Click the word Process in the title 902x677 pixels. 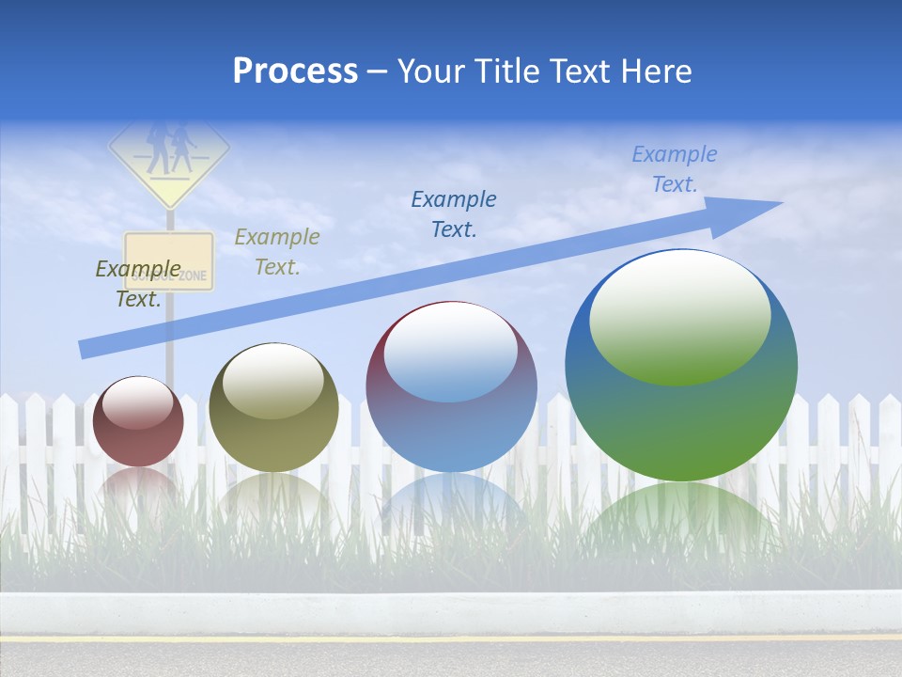295,71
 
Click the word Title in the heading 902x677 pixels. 507,71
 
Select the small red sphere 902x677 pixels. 138,421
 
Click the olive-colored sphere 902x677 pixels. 273,408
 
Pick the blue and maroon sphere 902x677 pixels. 451,387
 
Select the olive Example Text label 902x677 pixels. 277,252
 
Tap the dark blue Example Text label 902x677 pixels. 454,214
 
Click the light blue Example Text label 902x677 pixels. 675,169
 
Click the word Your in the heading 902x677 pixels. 432,71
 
